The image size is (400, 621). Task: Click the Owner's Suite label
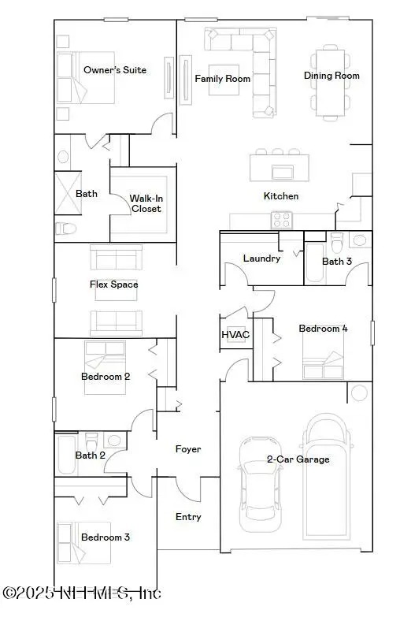point(115,70)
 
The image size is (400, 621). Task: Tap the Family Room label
point(223,79)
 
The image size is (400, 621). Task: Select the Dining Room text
point(331,76)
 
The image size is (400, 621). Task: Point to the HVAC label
point(235,334)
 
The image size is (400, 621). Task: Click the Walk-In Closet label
point(146,203)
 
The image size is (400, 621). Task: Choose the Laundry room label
point(261,258)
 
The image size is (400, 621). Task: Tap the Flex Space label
point(114,284)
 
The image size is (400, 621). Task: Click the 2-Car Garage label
point(298,459)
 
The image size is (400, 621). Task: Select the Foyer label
point(187,448)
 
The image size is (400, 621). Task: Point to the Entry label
point(187,517)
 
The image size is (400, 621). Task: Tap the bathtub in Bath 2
point(65,455)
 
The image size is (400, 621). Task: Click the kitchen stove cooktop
point(282,221)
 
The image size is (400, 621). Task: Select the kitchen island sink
point(280,171)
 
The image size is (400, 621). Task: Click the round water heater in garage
point(359,392)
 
